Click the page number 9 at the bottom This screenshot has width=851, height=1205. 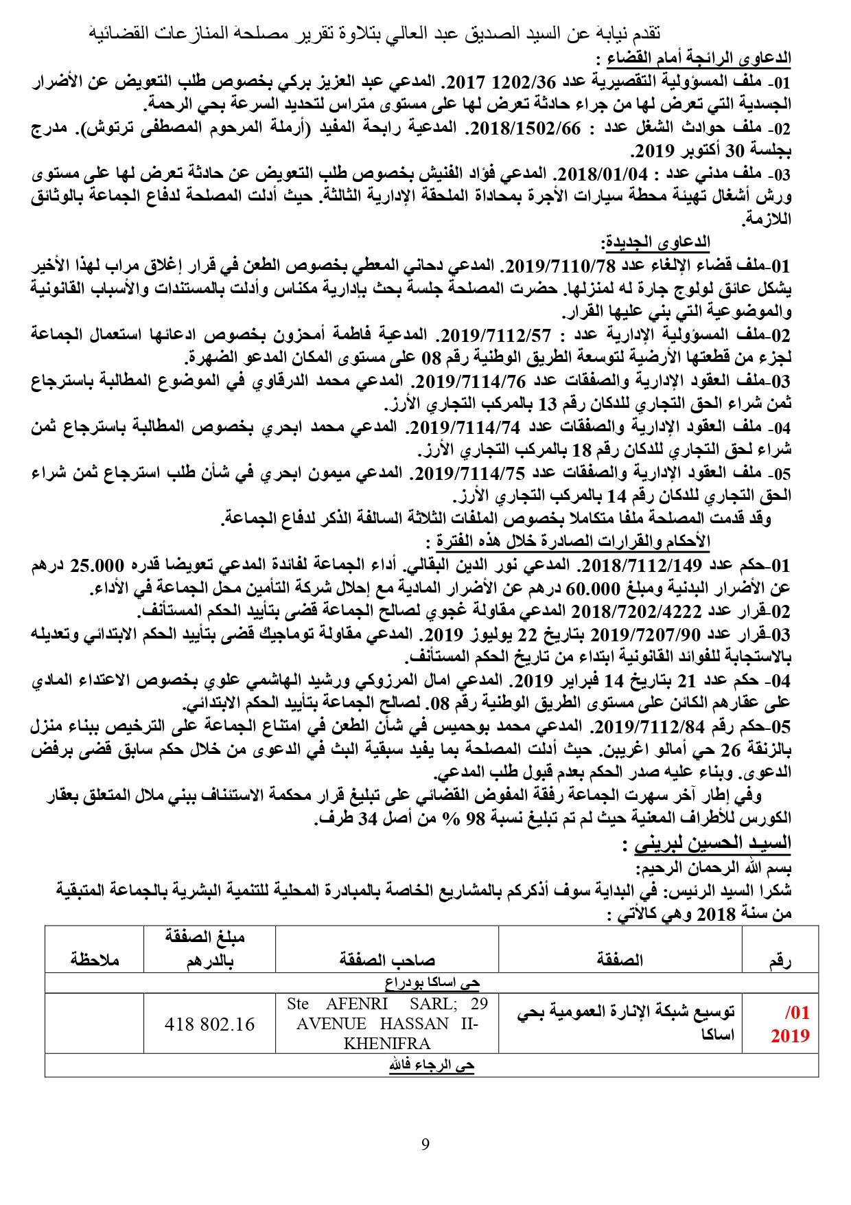tap(425, 1145)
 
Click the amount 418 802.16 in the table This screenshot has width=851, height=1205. tap(209, 1024)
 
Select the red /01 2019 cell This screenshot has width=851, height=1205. tap(790, 1024)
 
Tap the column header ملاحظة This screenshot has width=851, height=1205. tap(95, 960)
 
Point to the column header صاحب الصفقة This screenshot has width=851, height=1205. tap(386, 960)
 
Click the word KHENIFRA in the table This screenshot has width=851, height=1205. tap(386, 1044)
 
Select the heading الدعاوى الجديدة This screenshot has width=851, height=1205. tap(656, 242)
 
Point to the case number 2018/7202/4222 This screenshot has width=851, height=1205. tap(636, 612)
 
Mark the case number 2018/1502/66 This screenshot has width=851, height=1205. tap(526, 128)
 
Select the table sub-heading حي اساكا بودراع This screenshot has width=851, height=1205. tap(432, 983)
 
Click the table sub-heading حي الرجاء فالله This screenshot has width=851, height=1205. tap(432, 1066)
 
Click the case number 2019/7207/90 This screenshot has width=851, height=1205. tap(639, 634)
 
